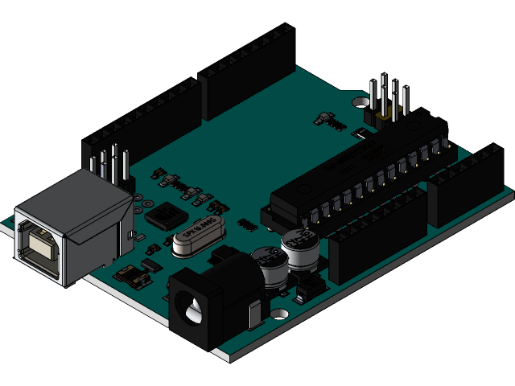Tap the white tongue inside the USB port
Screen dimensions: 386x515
(x=38, y=241)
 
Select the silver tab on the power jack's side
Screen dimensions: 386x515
(x=256, y=317)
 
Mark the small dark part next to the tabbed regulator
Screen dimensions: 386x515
(x=150, y=263)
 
